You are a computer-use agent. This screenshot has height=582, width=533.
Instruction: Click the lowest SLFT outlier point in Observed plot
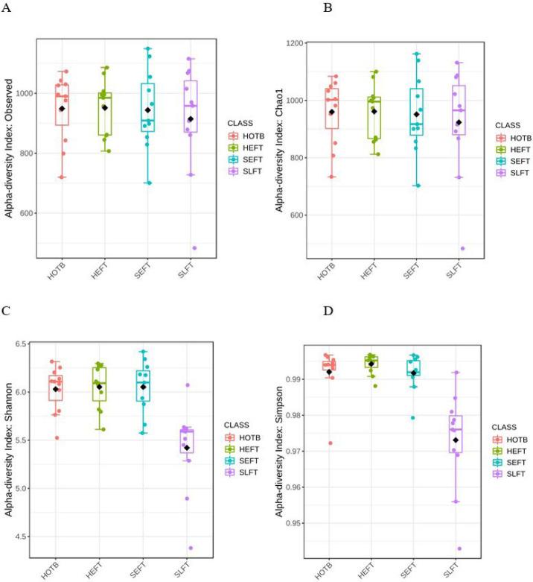click(194, 248)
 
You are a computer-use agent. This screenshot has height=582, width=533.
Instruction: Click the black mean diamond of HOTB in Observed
click(63, 109)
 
